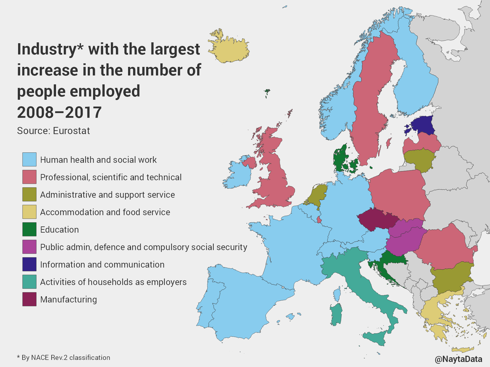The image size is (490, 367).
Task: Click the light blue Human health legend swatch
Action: (x=29, y=160)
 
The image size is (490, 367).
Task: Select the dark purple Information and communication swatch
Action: (x=29, y=264)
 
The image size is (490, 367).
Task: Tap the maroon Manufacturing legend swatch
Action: (x=29, y=299)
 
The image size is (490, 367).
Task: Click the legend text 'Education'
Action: (x=60, y=230)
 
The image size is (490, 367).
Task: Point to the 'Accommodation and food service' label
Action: (x=105, y=212)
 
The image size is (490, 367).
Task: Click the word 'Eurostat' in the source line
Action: (x=71, y=131)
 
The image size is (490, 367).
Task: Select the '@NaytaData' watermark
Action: (x=458, y=359)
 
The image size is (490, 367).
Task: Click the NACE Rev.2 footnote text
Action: (x=63, y=358)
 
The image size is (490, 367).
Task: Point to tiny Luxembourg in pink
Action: (x=319, y=220)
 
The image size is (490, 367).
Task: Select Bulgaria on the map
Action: (x=451, y=277)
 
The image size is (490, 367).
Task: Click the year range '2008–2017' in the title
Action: (x=59, y=112)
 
